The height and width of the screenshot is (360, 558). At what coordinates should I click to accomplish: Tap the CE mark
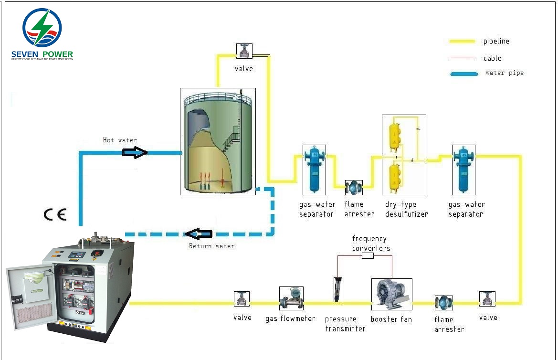pos(55,215)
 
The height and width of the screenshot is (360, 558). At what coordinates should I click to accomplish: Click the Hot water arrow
pos(135,152)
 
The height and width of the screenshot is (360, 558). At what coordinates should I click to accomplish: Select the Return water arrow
pos(199,234)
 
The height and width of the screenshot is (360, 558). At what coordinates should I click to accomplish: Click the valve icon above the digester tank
pos(244,51)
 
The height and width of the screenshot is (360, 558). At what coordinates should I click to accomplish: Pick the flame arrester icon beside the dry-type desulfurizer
pos(354,188)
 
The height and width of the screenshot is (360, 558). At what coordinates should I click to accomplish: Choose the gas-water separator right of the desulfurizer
pos(463,169)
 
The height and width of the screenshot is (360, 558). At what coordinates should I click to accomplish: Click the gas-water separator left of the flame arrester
pos(314,169)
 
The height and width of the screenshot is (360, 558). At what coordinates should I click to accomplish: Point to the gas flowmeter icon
pos(291,298)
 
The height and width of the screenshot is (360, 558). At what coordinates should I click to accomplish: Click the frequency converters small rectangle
pos(368,256)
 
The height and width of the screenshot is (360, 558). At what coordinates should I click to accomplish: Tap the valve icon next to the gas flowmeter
pos(242,299)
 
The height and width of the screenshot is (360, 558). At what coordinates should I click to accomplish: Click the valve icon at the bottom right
pos(487,298)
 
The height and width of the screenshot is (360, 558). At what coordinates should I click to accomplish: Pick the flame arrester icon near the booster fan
pos(443,303)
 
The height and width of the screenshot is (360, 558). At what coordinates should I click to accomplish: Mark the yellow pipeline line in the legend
pos(462,42)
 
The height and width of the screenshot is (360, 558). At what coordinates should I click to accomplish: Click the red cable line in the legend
pos(462,58)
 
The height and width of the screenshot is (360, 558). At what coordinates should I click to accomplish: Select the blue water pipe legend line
pos(463,74)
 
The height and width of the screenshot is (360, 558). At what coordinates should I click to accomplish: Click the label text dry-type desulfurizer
pos(406,209)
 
